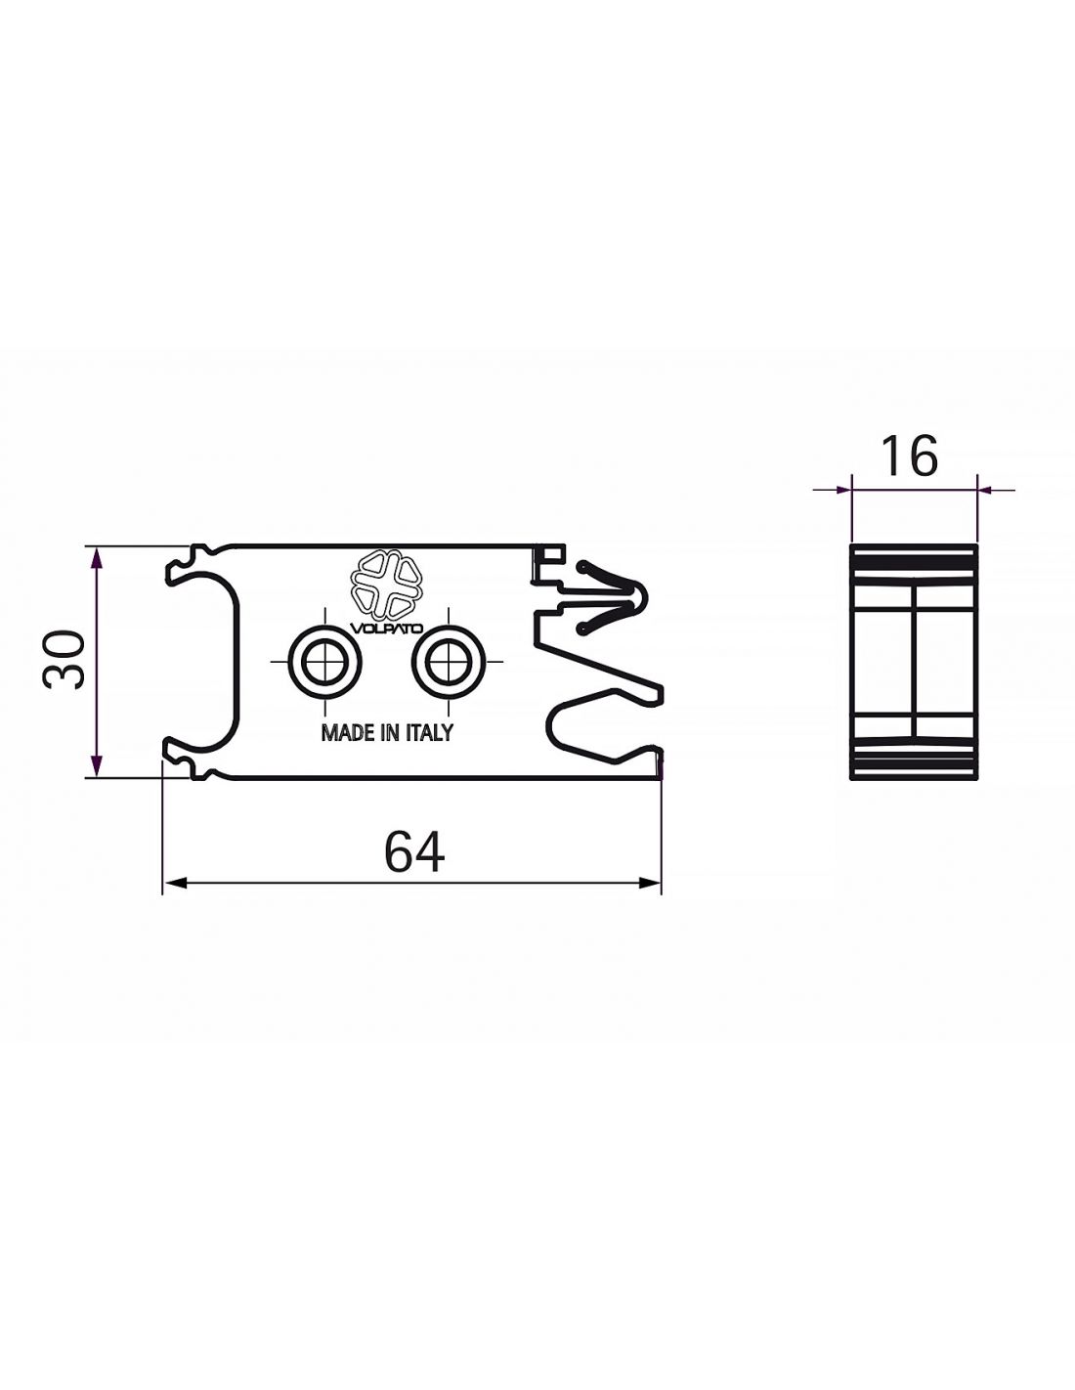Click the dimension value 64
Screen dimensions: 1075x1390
[413, 851]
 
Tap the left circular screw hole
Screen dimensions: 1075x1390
[324, 661]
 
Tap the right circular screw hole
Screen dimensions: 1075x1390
[448, 661]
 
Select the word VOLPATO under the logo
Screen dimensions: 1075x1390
[386, 628]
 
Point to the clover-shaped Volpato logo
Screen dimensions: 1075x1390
[386, 584]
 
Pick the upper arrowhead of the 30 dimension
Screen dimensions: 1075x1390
[96, 558]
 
